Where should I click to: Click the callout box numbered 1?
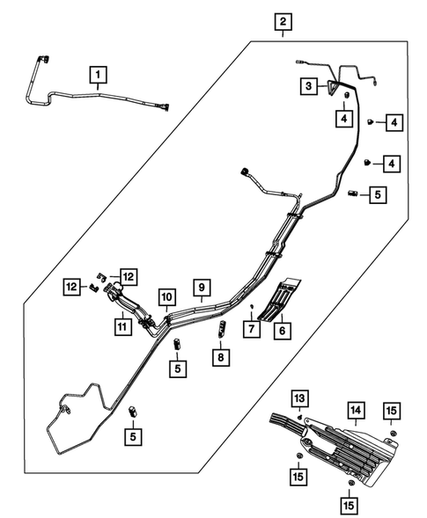(x=99, y=73)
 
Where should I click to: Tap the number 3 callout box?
(x=309, y=86)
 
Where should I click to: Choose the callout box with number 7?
(x=254, y=329)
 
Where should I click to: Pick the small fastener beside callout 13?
(x=300, y=414)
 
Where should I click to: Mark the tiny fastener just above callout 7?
(x=253, y=306)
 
